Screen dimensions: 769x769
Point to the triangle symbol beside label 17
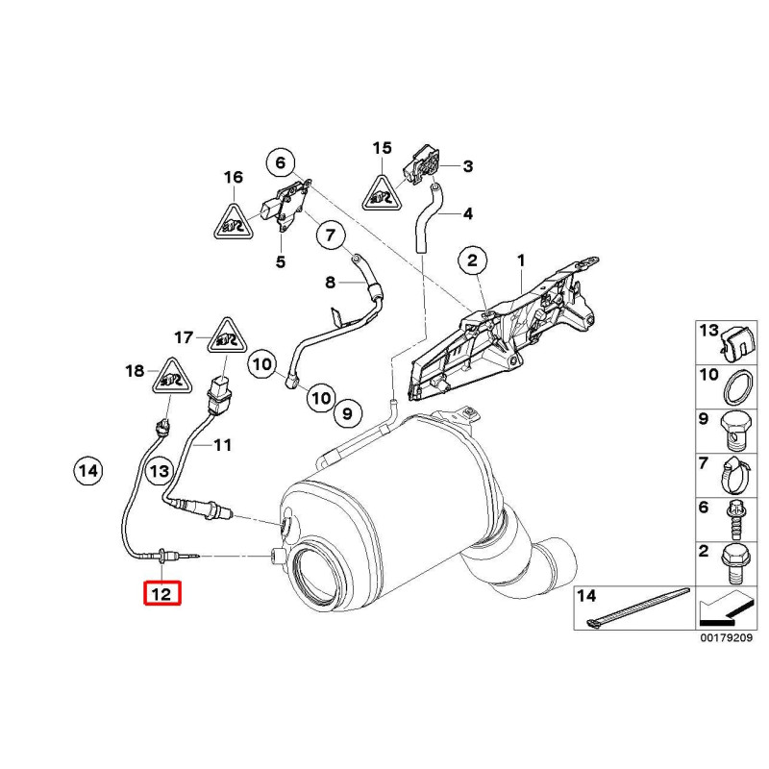pos(227,336)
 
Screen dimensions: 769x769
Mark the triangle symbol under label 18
pos(169,377)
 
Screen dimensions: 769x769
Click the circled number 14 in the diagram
pos(87,471)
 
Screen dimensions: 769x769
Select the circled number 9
pos(347,413)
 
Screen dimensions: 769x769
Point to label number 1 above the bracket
pos(520,260)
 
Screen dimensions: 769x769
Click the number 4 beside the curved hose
pos(467,213)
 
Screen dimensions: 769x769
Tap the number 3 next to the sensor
pos(467,166)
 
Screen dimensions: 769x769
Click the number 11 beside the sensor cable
pos(223,445)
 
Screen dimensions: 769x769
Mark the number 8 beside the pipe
pos(330,283)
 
